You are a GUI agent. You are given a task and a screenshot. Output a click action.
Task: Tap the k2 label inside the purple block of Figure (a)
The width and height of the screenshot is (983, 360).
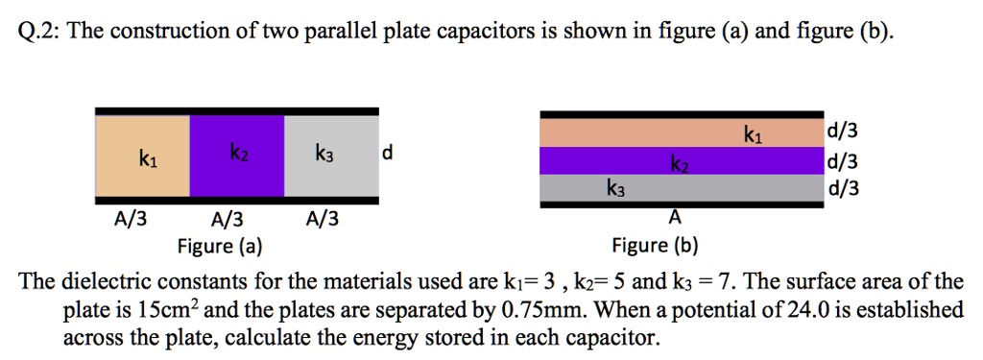236,153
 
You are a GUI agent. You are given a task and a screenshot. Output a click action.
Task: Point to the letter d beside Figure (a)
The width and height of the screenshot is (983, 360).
386,153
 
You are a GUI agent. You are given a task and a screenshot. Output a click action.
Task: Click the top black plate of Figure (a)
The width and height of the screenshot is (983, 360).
236,110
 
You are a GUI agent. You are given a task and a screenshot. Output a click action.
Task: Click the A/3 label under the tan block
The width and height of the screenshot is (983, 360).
131,221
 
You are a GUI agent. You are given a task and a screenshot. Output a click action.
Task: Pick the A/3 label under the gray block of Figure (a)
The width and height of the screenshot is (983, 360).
323,221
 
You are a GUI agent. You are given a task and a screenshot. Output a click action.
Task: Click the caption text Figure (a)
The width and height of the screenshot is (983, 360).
220,246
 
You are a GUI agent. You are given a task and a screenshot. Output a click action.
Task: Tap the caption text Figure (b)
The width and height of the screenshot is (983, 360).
656,246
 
